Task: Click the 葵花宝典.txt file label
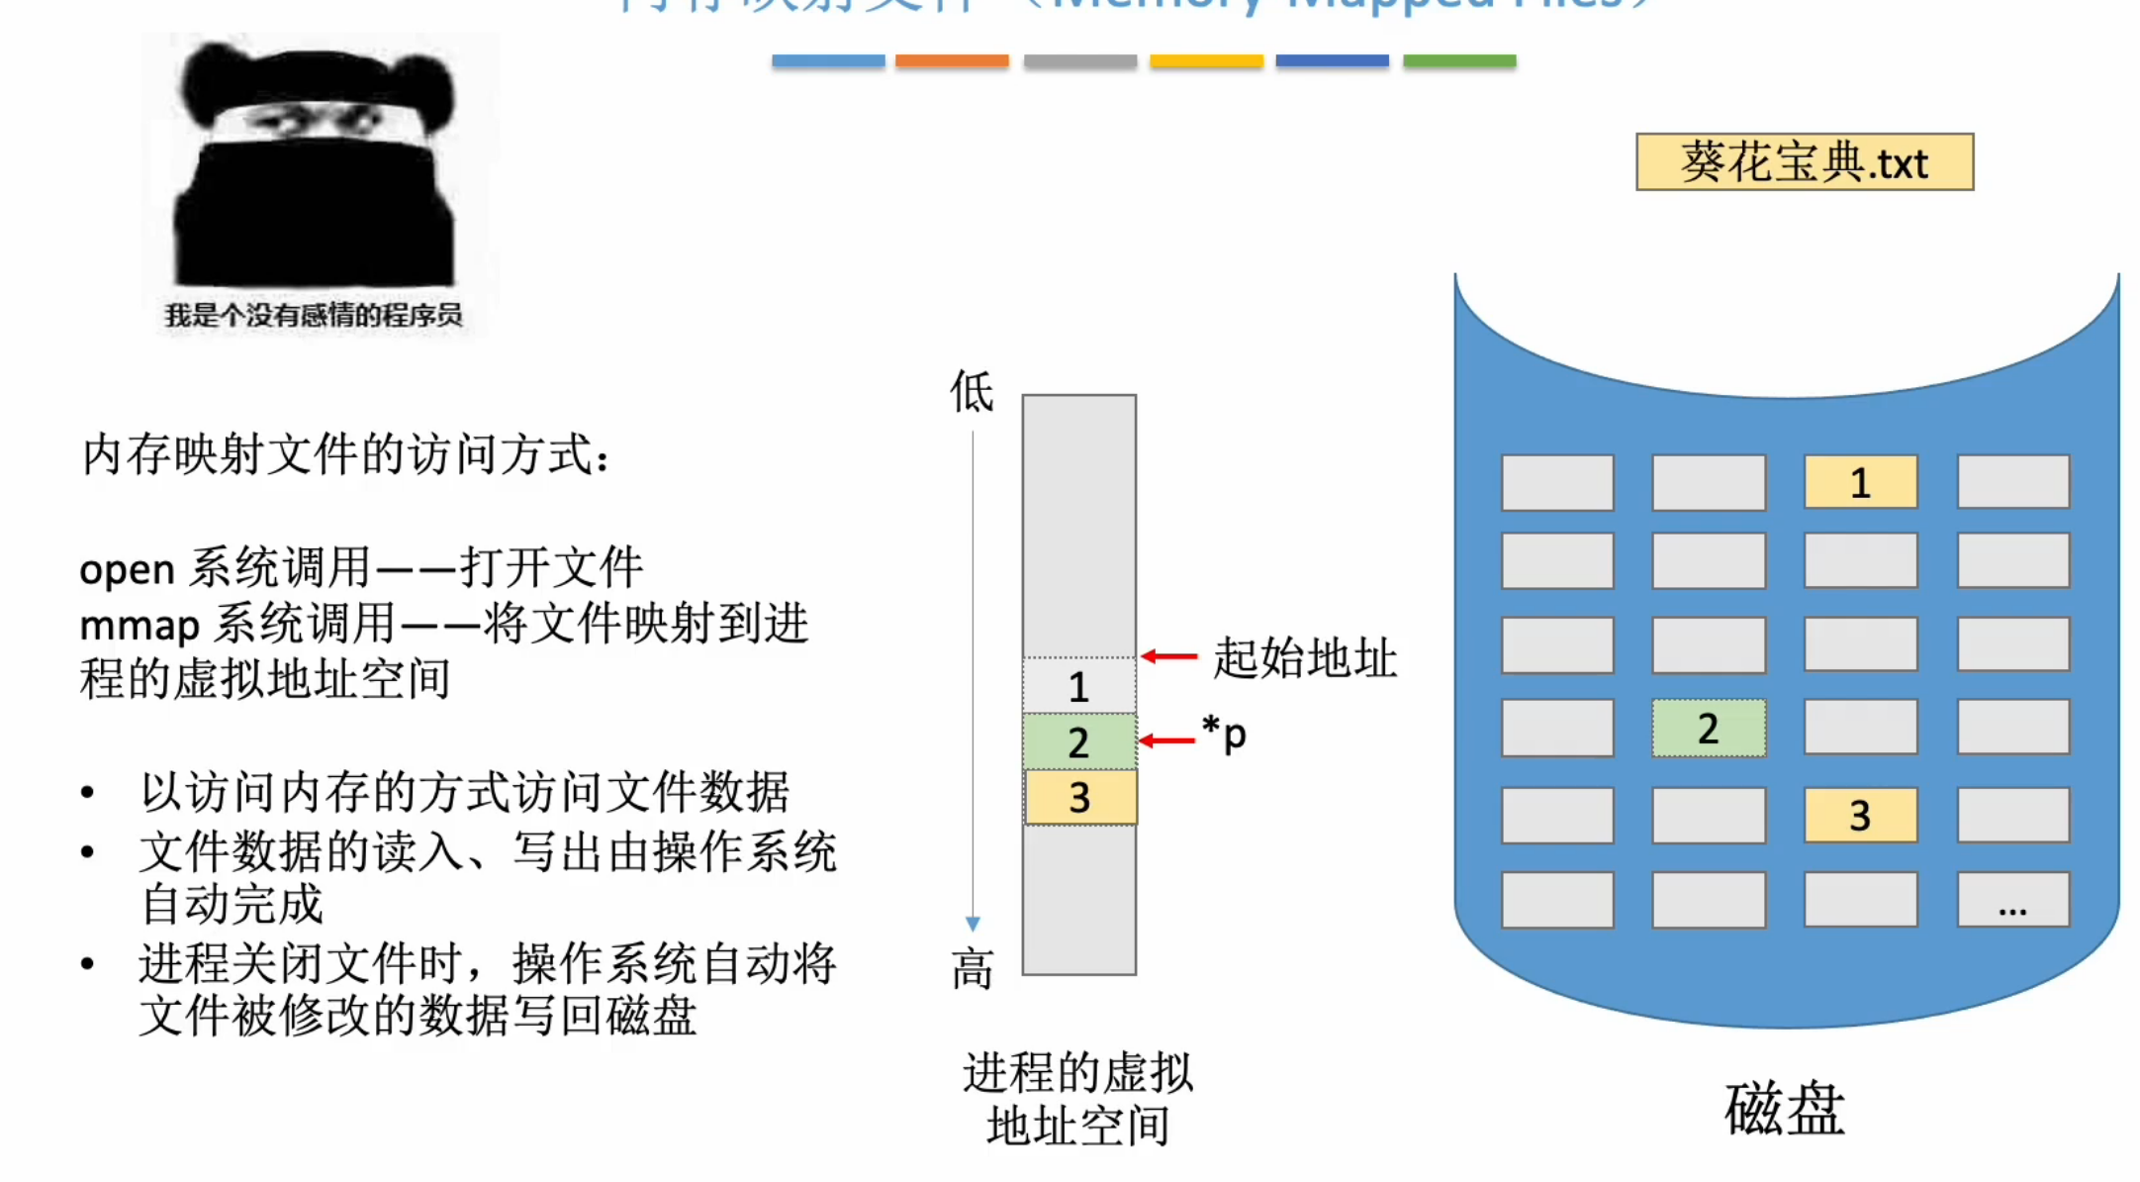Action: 1804,162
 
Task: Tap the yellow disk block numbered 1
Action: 1860,482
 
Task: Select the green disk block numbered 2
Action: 1709,729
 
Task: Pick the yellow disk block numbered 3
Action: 1860,815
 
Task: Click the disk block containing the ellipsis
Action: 2012,900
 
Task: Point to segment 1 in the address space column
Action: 1078,686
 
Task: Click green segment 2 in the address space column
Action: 1078,741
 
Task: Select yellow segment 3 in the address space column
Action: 1079,797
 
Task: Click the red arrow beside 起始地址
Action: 1168,656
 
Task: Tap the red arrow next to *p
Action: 1166,739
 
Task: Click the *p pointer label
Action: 1224,734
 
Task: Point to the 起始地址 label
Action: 1305,657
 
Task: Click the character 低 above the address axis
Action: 972,391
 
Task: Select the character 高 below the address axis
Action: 972,968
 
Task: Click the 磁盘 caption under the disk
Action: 1784,1109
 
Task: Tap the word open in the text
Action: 127,569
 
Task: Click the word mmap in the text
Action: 140,626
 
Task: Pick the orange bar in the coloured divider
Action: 952,61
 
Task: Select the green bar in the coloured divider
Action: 1459,61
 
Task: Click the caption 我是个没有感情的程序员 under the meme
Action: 314,316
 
